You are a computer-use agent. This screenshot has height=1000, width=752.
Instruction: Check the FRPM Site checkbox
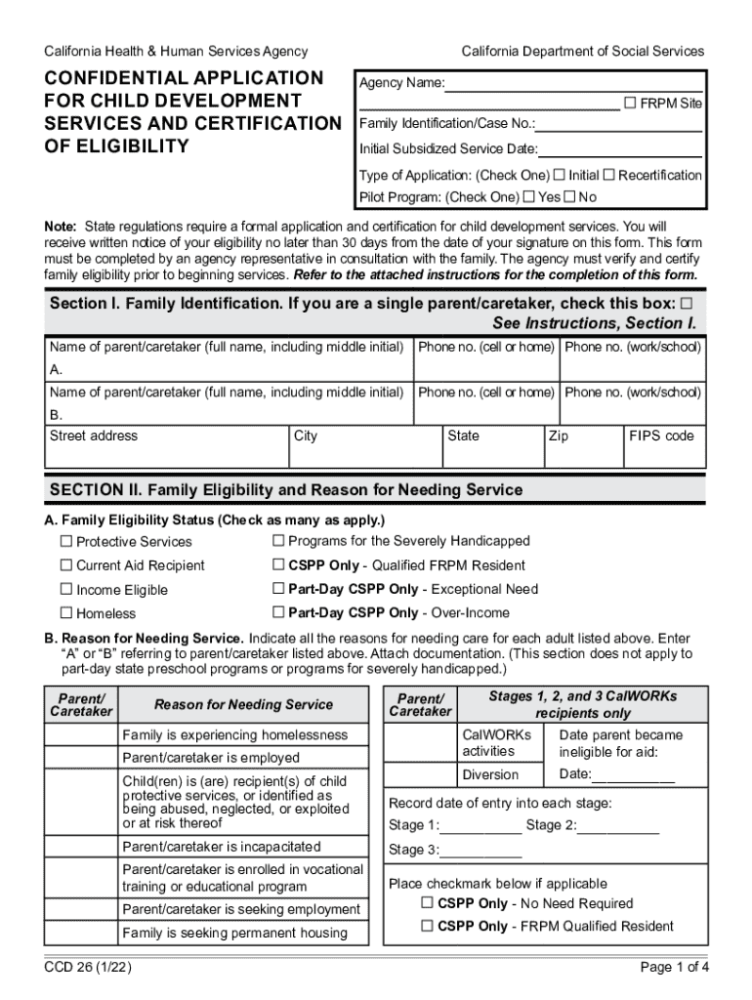click(x=630, y=103)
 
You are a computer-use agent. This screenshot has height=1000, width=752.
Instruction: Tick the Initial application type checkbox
click(x=560, y=175)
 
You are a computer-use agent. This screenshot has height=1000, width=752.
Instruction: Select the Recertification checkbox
click(x=608, y=175)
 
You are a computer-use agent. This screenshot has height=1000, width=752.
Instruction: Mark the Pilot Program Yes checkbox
click(x=529, y=196)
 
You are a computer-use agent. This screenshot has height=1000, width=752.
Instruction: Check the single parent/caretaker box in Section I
click(x=686, y=304)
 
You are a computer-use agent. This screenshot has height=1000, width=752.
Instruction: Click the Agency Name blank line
click(x=574, y=84)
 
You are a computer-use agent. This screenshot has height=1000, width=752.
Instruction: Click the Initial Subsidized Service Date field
click(x=619, y=149)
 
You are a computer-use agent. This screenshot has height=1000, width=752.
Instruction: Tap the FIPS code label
click(x=661, y=436)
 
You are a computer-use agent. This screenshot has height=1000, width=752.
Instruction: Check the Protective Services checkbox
click(x=66, y=541)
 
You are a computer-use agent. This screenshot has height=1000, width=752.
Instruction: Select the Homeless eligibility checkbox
click(x=66, y=613)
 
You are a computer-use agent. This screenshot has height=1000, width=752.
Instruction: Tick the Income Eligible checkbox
click(x=66, y=590)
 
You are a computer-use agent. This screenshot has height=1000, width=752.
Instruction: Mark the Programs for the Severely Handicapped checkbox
click(x=278, y=540)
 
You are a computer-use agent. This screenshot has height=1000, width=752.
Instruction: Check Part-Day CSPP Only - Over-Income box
click(x=278, y=612)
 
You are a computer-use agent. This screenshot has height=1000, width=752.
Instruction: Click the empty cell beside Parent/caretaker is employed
click(x=81, y=758)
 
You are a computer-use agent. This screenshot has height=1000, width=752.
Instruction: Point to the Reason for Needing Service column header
click(x=243, y=704)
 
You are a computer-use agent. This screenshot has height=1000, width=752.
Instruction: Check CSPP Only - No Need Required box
click(x=427, y=902)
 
